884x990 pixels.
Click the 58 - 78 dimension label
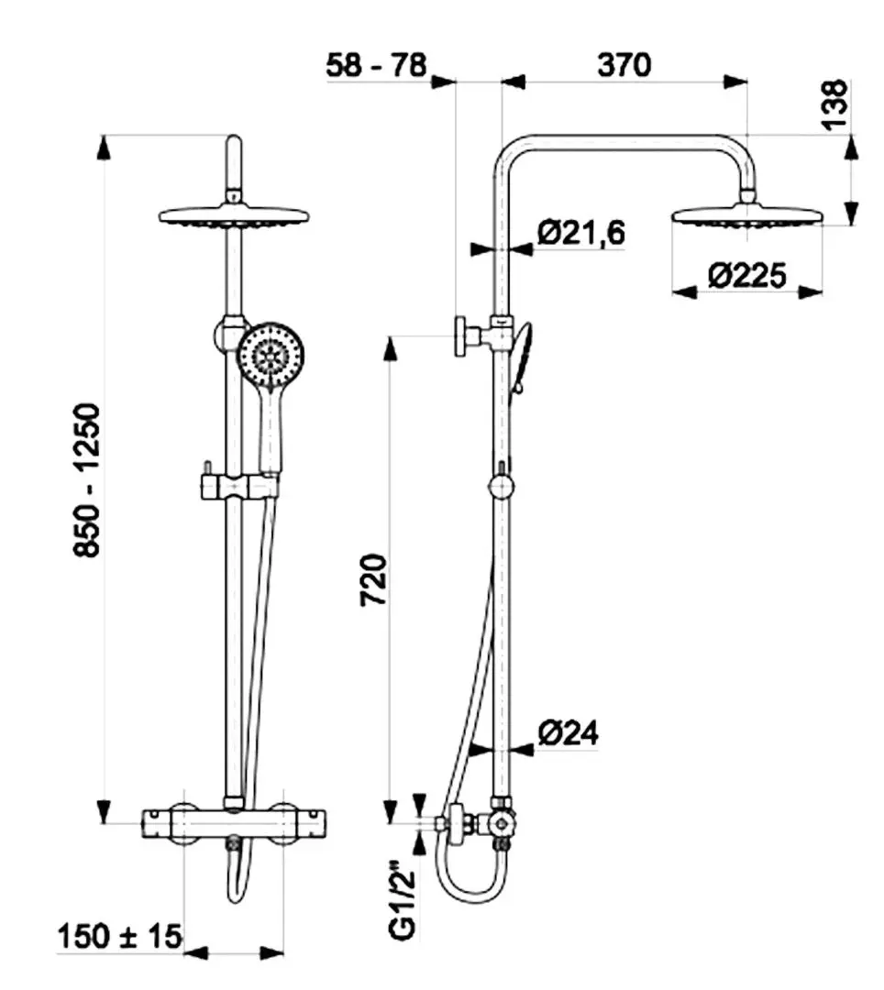tap(376, 65)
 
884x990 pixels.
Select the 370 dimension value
tap(624, 65)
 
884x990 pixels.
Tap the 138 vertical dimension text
tap(834, 104)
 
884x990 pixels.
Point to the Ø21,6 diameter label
tap(580, 233)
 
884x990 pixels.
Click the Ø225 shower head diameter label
tap(747, 275)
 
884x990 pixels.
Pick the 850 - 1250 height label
tap(87, 480)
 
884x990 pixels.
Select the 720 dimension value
tap(373, 580)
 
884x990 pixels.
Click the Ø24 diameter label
tap(569, 732)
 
